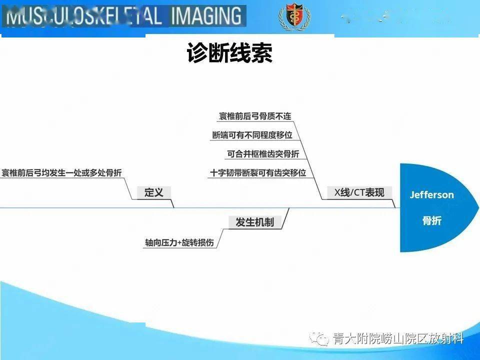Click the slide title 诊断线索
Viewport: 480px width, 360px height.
coord(229,53)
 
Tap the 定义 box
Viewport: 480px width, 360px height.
coord(153,192)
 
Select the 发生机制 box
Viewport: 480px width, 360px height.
coord(254,222)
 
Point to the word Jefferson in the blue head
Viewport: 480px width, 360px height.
coord(432,195)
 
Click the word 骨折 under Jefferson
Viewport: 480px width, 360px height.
coord(432,220)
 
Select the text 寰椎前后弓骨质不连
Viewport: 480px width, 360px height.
coord(255,116)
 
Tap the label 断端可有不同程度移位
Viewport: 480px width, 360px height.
coord(252,135)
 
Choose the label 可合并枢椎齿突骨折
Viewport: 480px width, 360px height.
coord(263,154)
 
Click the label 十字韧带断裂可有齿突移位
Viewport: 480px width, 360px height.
coord(258,173)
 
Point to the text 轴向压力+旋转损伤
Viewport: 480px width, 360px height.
coord(179,242)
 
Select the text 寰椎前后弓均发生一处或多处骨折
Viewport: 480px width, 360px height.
coord(61,173)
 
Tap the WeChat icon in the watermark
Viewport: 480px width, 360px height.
coord(319,339)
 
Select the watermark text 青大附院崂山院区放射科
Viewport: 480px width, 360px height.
coord(398,339)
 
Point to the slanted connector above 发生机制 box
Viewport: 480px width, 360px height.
coord(286,212)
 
